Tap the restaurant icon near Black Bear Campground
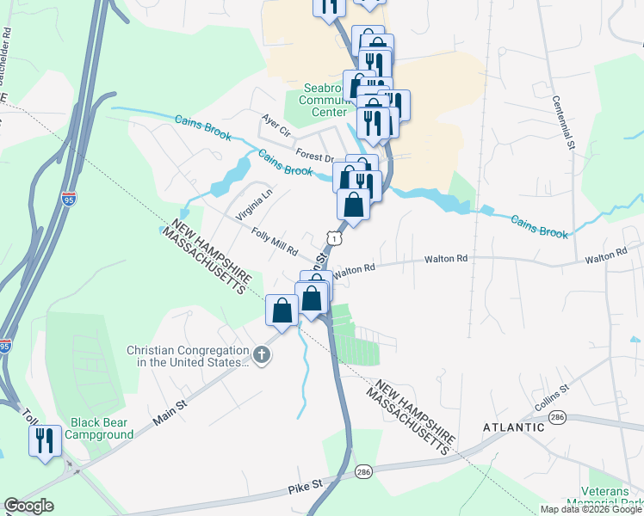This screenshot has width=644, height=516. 46,440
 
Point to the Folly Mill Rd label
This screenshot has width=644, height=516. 274,242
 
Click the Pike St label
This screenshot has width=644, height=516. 305,486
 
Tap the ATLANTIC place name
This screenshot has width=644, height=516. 513,427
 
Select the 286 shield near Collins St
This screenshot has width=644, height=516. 558,417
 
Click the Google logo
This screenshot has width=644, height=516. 28,506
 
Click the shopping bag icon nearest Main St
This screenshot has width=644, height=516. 282,310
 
